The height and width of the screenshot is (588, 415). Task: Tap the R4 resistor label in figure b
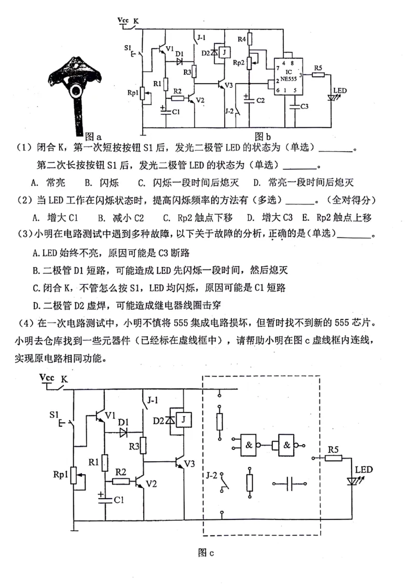pyautogui.click(x=241, y=39)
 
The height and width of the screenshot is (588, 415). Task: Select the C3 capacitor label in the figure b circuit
pyautogui.click(x=305, y=107)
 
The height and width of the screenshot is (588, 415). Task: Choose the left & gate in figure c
pyautogui.click(x=250, y=445)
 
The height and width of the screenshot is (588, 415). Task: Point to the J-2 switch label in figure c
pyautogui.click(x=211, y=475)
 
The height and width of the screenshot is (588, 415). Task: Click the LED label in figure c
pyautogui.click(x=364, y=470)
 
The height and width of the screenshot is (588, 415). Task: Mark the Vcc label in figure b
pyautogui.click(x=123, y=20)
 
